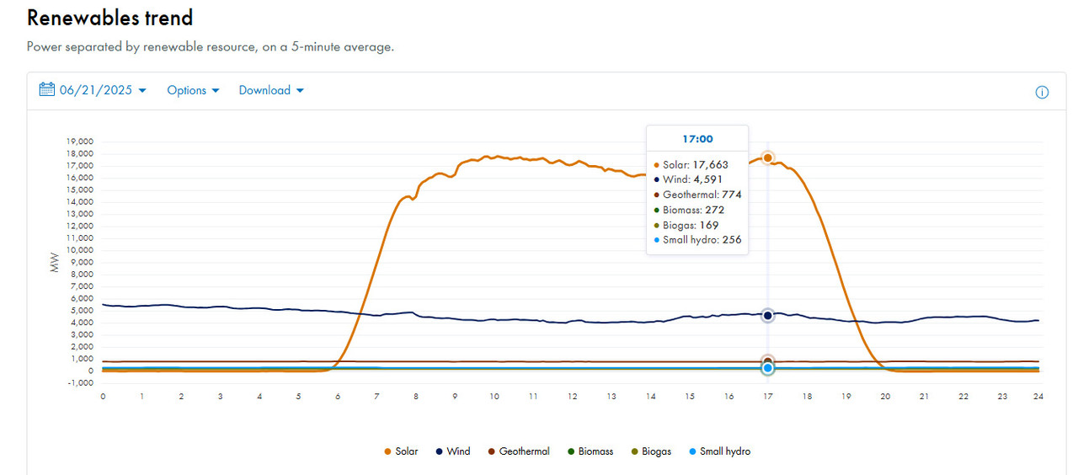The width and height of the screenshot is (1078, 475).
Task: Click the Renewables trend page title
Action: (110, 18)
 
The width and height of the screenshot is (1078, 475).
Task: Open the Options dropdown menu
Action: (193, 90)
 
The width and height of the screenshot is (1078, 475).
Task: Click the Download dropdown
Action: (271, 90)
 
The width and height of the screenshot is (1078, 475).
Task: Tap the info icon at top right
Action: (1042, 93)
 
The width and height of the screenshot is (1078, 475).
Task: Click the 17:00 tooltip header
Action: (696, 139)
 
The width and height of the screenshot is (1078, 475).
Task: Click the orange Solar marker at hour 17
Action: (767, 157)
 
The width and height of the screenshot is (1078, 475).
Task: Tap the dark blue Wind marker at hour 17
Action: (767, 315)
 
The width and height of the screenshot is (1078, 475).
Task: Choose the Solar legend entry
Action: (401, 451)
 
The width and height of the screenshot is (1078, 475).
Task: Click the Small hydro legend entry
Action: (718, 451)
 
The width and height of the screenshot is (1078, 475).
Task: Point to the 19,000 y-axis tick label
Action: (82, 141)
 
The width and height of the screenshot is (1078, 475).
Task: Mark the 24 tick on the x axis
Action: (1038, 397)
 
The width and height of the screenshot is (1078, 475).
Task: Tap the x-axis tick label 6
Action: (338, 397)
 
